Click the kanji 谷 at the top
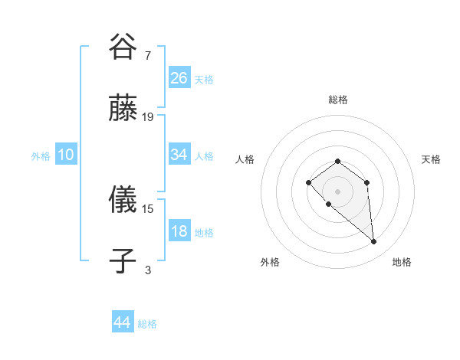tap(123, 47)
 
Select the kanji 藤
tap(123, 108)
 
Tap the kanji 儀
tap(123, 201)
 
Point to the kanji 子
tap(123, 261)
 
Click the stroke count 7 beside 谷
tap(147, 56)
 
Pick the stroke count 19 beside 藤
tap(148, 117)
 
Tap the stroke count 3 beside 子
tap(147, 270)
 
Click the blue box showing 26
tap(179, 77)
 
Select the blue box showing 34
tap(179, 155)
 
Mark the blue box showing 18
tap(179, 231)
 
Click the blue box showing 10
tap(65, 155)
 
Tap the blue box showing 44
tap(122, 322)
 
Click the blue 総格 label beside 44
tap(147, 324)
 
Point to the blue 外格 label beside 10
tap(41, 156)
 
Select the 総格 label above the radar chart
tap(337, 100)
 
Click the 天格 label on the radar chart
tap(431, 159)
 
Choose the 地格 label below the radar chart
tap(402, 262)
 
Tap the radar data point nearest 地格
tap(374, 242)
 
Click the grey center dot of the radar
tap(337, 191)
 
